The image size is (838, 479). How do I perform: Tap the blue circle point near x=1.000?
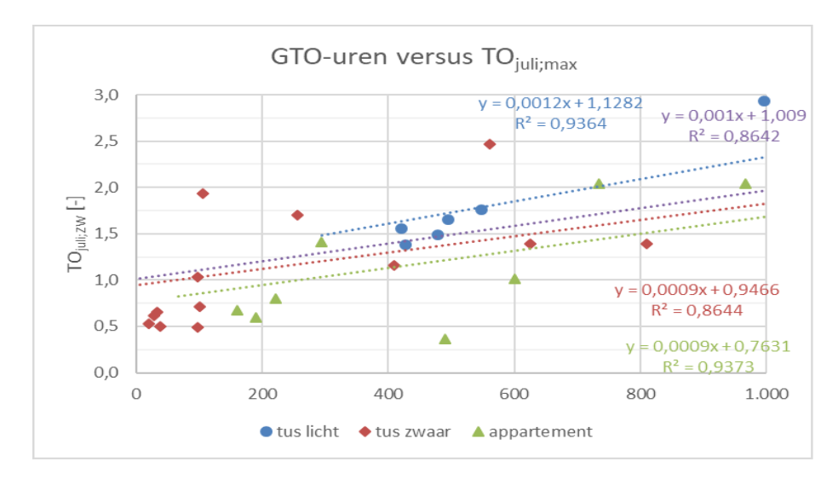tap(764, 101)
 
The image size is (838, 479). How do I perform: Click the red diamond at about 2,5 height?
tap(490, 144)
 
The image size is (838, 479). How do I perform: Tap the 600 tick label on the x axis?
tap(514, 394)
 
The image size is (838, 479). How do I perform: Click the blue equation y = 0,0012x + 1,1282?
tap(560, 104)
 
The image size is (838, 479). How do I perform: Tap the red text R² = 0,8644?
tap(695, 310)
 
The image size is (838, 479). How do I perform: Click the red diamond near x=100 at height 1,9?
tap(203, 193)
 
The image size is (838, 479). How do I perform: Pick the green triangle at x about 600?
tap(514, 279)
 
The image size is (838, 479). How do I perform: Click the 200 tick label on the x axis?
tap(261, 394)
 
